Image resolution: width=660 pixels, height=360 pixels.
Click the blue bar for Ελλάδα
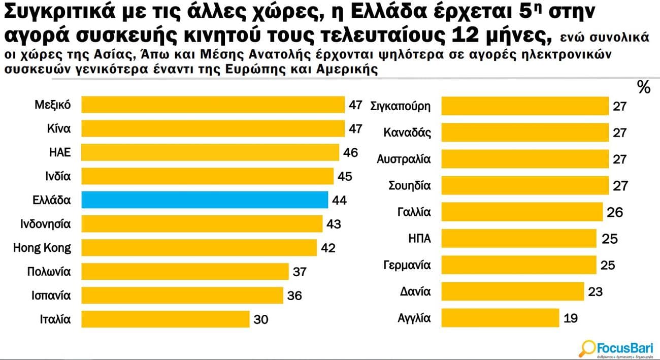pyautogui.click(x=205, y=200)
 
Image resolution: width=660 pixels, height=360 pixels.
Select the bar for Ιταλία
pyautogui.click(x=166, y=319)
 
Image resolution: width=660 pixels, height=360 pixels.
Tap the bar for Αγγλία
pyautogui.click(x=501, y=318)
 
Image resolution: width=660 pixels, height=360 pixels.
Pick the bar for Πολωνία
pyautogui.click(x=185, y=272)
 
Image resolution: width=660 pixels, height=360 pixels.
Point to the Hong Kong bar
pyautogui.click(x=199, y=248)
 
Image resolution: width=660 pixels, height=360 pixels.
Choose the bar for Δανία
pyautogui.click(x=513, y=292)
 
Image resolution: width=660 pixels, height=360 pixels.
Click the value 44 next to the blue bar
pyautogui.click(x=339, y=200)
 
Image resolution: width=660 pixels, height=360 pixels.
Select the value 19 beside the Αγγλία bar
pyautogui.click(x=571, y=318)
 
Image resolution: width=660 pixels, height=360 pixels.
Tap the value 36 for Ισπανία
pyautogui.click(x=294, y=296)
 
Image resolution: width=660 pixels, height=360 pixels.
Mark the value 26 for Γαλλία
pyautogui.click(x=615, y=212)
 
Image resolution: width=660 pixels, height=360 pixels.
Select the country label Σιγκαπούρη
pyautogui.click(x=401, y=107)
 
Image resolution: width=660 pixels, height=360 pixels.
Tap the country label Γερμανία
pyautogui.click(x=407, y=265)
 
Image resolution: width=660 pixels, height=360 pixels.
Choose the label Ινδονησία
pyautogui.click(x=46, y=224)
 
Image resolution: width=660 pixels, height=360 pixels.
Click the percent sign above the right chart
pyautogui.click(x=643, y=88)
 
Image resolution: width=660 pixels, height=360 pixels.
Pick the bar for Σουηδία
pyautogui.click(x=525, y=186)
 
